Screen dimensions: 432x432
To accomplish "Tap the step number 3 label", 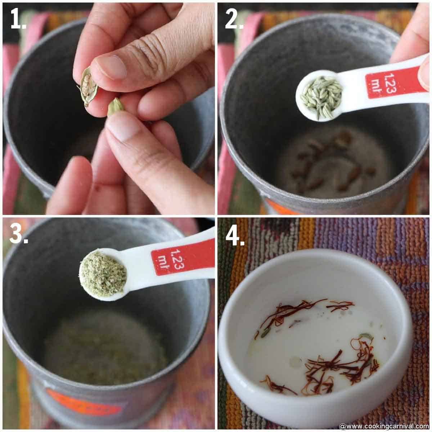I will pos(19,235).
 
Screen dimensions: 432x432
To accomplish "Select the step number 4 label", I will pos(235,235).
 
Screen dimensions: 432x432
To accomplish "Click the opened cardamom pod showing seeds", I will pos(87,86).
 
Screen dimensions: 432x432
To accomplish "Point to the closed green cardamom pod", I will pos(116,106).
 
